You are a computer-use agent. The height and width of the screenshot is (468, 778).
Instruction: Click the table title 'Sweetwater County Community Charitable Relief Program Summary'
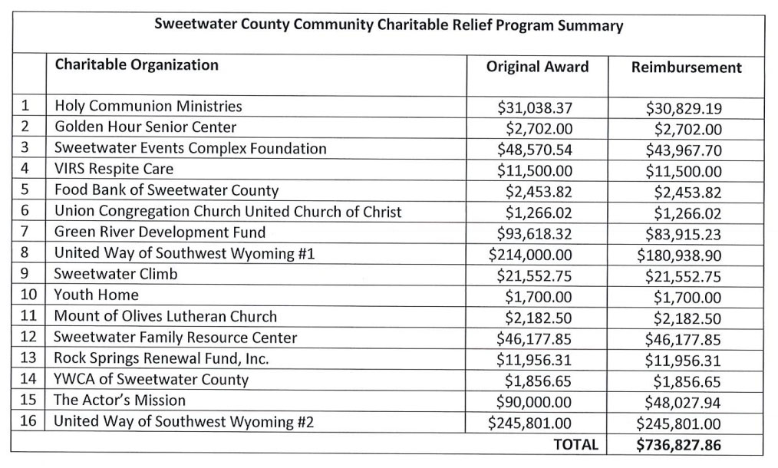click(x=388, y=25)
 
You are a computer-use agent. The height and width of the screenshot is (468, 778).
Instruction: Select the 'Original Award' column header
click(x=537, y=67)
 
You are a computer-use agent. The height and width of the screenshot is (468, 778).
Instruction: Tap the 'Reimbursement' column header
click(x=686, y=68)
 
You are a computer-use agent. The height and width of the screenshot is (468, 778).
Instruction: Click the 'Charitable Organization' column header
click(x=137, y=64)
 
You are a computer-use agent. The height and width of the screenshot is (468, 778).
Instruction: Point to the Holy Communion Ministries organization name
click(x=148, y=107)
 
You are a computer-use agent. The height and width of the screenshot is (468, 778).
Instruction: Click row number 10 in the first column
click(x=28, y=295)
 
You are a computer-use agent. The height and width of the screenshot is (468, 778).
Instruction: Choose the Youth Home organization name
click(x=97, y=295)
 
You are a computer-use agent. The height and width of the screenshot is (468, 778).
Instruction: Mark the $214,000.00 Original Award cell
click(x=530, y=253)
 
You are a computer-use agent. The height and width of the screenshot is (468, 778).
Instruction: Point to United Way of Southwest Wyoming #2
click(x=184, y=421)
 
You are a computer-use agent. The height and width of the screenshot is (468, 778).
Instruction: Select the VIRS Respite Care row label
click(x=114, y=170)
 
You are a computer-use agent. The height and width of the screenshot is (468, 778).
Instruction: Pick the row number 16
click(x=28, y=421)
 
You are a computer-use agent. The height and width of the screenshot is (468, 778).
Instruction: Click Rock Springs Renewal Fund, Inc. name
click(x=161, y=358)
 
